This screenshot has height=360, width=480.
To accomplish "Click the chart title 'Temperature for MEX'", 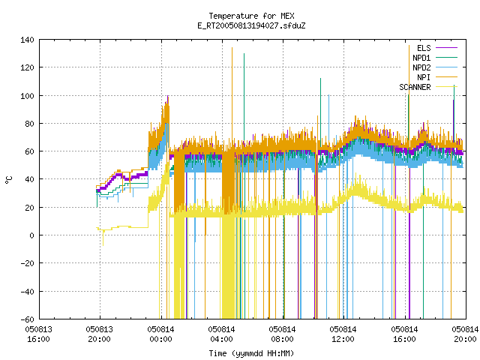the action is tap(251, 16).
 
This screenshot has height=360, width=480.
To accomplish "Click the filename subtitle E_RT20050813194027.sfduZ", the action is tap(251, 25).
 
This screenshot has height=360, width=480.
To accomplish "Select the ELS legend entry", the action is tap(436, 48).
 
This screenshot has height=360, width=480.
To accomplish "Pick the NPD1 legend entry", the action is tap(435, 58).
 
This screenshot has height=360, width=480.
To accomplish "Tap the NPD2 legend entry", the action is tap(435, 67).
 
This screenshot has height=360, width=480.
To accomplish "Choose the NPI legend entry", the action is tap(436, 77).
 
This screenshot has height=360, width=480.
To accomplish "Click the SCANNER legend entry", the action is tap(428, 87).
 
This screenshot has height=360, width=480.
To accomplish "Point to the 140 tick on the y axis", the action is tap(27, 40).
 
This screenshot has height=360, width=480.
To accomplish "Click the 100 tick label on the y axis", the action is tap(27, 96).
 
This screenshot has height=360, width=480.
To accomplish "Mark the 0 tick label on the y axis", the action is tap(31, 235).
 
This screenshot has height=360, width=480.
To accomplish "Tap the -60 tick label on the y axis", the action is tap(27, 319).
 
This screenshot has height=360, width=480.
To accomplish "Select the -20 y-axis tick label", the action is tap(27, 263).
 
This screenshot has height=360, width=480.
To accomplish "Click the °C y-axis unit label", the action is tap(9, 180).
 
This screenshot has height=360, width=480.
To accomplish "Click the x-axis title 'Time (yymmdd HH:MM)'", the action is tap(251, 353).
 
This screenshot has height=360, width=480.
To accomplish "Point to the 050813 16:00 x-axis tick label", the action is tap(38, 334).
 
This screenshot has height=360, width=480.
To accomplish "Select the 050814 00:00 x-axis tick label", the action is tap(160, 334).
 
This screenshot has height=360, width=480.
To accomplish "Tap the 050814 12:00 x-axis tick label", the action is tap(343, 334).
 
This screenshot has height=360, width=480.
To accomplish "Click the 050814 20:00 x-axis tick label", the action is tap(465, 334).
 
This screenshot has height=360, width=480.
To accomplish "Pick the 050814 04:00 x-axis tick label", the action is tap(221, 334).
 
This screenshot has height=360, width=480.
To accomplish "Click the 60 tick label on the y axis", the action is tap(29, 151).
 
